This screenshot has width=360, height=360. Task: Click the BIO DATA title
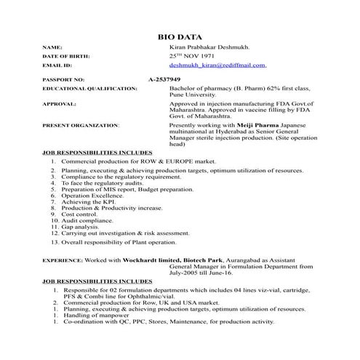coord(179,36)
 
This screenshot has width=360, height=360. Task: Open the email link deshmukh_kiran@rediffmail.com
coord(217,65)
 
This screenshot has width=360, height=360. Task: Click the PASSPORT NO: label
coord(63,79)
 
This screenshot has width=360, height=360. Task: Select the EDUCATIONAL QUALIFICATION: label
coord(89,88)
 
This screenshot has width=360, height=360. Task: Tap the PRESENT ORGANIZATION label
coord(81,125)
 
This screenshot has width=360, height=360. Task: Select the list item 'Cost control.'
coord(79,215)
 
